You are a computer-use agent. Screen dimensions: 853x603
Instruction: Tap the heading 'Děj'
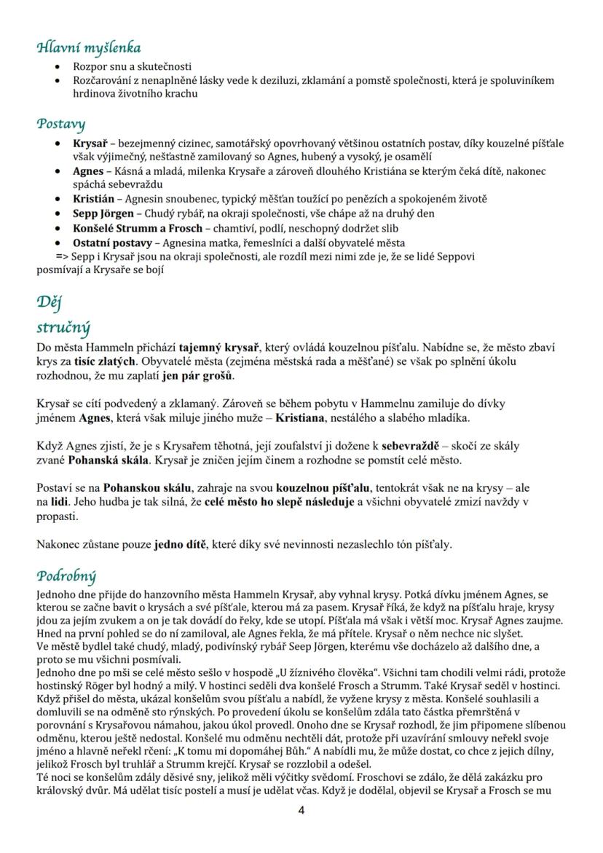click(x=50, y=302)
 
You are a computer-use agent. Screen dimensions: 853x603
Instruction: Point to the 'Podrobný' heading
click(x=66, y=576)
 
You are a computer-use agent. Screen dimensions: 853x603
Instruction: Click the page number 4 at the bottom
click(x=301, y=811)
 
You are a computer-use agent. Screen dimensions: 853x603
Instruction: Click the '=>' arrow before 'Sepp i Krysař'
click(x=62, y=256)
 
